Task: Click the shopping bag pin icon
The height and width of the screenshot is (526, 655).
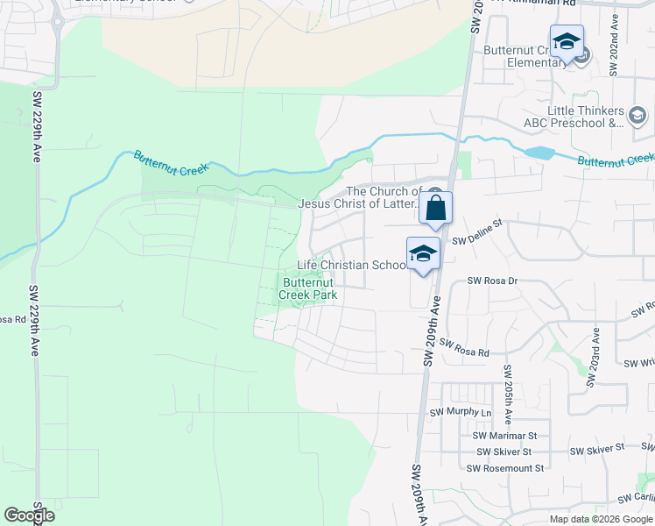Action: pyautogui.click(x=436, y=209)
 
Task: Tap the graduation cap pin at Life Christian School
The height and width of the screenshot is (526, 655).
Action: pyautogui.click(x=424, y=254)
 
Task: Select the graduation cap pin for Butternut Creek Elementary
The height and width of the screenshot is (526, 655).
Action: pyautogui.click(x=567, y=42)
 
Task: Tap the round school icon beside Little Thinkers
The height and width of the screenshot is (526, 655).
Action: pyautogui.click(x=637, y=114)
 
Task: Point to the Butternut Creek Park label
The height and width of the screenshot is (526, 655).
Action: pyautogui.click(x=308, y=289)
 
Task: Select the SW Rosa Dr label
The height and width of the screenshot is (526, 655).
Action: pyautogui.click(x=493, y=281)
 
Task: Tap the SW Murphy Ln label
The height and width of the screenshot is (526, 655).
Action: pyautogui.click(x=461, y=412)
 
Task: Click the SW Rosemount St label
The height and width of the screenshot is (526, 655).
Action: pyautogui.click(x=505, y=468)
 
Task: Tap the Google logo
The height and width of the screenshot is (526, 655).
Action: pyautogui.click(x=29, y=515)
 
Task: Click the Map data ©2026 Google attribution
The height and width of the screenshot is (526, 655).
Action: pyautogui.click(x=600, y=519)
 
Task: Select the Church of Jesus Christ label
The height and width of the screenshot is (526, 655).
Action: pyautogui.click(x=359, y=198)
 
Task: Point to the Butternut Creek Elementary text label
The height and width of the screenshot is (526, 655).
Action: pyautogui.click(x=526, y=56)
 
